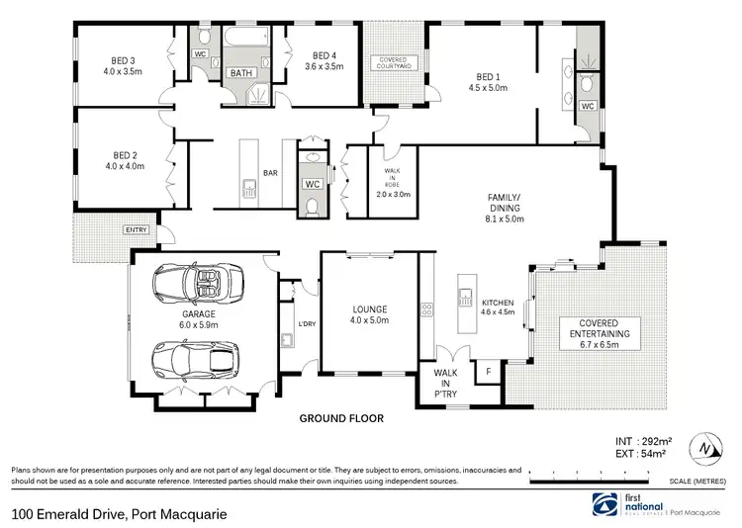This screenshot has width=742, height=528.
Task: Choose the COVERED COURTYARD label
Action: click(x=395, y=61)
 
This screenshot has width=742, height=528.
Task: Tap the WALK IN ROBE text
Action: click(x=391, y=183)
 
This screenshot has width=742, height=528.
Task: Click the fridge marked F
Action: click(x=487, y=373)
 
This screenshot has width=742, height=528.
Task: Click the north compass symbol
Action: click(x=703, y=448)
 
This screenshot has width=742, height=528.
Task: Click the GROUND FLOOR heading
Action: click(x=341, y=418)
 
